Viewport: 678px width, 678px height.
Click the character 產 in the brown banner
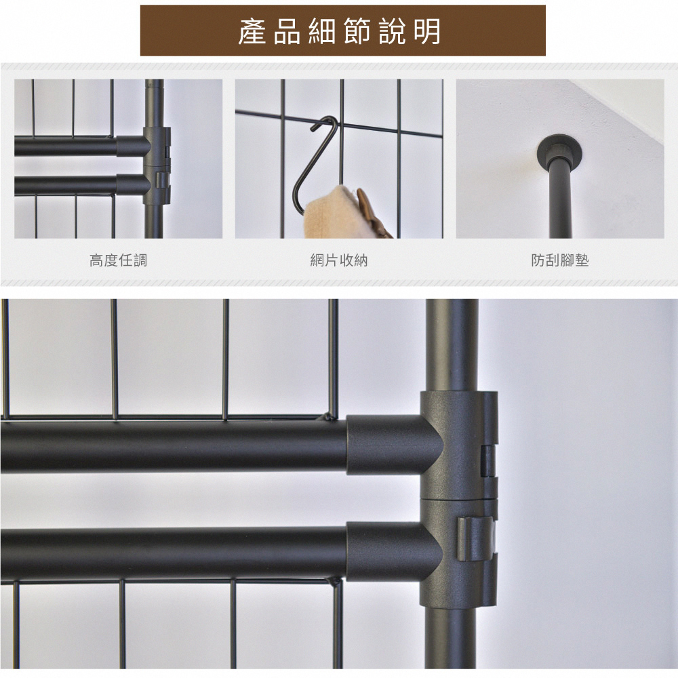coord(252,31)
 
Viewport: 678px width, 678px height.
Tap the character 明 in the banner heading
coord(427,31)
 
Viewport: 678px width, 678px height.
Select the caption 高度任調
coord(118,260)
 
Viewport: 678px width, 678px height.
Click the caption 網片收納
coord(339,260)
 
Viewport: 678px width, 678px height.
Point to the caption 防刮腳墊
coord(560,260)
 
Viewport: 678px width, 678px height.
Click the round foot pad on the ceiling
coord(560,150)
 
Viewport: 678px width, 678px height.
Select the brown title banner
coord(342,31)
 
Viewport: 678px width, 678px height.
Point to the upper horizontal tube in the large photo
coord(173,446)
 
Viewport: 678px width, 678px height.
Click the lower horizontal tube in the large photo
coord(173,551)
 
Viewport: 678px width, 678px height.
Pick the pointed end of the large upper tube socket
coord(441,445)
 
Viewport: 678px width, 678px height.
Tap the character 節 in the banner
coord(357,31)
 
